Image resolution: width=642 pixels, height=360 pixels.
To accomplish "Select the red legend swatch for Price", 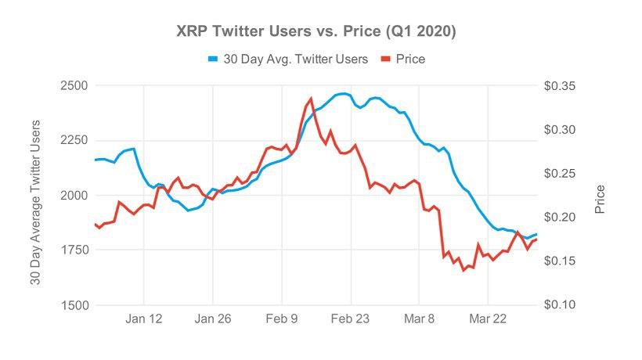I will point(385,59).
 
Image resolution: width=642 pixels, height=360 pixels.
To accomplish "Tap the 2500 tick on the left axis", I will point(75,85).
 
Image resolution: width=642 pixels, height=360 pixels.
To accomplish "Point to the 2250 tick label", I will point(75,140).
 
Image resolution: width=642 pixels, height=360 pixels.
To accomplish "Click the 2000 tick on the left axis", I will point(75,195).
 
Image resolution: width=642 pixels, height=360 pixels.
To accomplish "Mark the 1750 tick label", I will point(75,250).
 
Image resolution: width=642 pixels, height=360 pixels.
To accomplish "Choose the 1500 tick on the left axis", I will point(75,305).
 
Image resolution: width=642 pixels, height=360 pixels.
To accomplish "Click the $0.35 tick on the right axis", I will point(561,85).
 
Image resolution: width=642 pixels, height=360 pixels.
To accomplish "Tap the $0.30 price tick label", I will point(561,129).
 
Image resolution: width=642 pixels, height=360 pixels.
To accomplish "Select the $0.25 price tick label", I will point(561,173).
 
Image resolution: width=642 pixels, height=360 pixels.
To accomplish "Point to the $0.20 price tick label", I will point(561,217).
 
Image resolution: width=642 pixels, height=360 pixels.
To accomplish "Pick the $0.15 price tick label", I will point(561,261).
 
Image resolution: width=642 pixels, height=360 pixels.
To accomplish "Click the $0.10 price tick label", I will point(561,305).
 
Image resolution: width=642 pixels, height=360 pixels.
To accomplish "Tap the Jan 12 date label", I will point(144,319).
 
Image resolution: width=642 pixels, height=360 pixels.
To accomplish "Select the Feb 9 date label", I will point(283,319).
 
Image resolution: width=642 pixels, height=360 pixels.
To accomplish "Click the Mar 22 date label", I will point(488,319).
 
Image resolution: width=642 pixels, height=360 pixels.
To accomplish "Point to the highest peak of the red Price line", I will point(311,99).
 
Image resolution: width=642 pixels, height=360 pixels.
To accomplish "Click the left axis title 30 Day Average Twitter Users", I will point(35,202).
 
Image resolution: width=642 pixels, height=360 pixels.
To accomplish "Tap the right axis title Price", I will point(600,200).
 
